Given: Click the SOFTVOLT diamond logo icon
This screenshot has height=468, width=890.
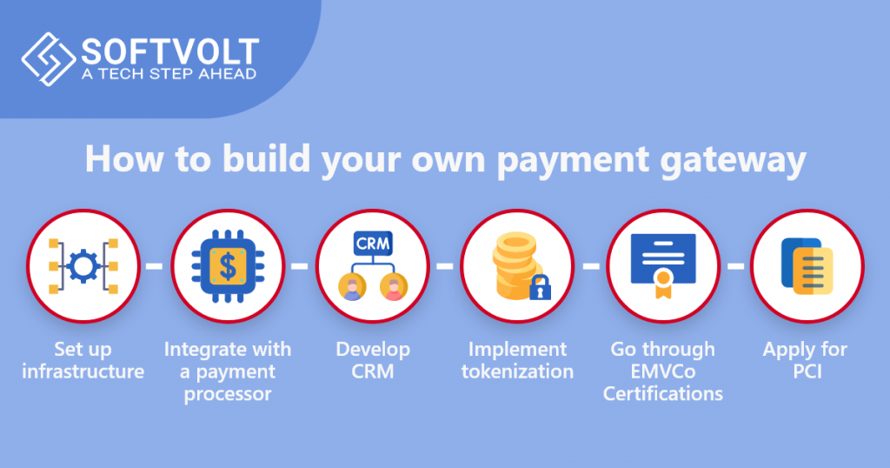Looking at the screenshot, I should point(47,59).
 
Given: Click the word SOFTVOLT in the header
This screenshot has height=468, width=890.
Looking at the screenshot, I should point(169,50).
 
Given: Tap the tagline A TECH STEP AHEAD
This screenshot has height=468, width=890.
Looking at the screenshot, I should point(169,74).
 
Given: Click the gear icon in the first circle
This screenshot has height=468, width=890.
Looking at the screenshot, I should point(83,265).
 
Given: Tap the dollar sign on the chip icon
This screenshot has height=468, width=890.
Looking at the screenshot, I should point(228,265).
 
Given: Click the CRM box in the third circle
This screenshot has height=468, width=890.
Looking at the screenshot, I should point(372,244).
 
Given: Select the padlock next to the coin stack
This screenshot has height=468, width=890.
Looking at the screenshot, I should point(541,286).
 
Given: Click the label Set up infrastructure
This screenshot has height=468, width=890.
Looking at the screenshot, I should point(83,361).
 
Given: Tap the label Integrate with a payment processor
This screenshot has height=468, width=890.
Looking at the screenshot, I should point(228,371).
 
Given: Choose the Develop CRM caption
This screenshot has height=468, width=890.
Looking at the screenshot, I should point(373,361).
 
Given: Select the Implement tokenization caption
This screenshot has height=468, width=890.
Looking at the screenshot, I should point(517,361).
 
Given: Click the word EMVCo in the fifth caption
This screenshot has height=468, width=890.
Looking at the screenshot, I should point(663,371).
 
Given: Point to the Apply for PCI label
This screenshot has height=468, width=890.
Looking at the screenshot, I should point(806,361).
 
